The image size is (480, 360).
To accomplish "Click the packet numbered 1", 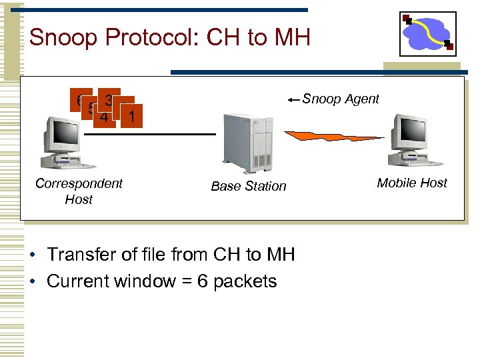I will [x=133, y=117].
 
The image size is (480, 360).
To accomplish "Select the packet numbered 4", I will [x=104, y=117].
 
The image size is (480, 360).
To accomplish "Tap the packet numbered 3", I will [x=109, y=99].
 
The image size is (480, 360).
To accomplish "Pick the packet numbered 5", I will [x=90, y=109].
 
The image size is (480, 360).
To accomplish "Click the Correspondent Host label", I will [x=79, y=191].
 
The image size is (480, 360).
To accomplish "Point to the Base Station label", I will [x=248, y=187].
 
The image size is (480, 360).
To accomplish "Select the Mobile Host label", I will [x=412, y=183].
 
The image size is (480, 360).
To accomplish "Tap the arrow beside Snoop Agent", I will [x=294, y=100].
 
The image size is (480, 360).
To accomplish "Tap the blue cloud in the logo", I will [x=427, y=34].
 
